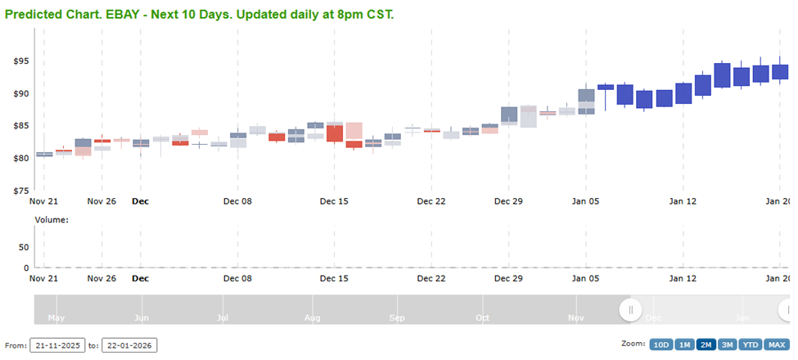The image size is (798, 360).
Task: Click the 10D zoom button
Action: pos(660,344)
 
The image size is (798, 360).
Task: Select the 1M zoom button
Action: pos(683,344)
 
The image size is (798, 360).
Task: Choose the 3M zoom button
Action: pos(726,344)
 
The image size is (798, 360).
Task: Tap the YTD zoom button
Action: pos(750,344)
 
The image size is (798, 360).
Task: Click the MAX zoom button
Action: pos(777,344)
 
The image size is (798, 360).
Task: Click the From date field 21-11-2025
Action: pos(57,345)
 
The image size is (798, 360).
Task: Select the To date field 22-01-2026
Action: pos(129,345)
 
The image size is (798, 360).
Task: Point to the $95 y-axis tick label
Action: pos(20,61)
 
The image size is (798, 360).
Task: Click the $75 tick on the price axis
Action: pos(20,191)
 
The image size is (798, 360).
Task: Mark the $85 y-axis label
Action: pos(20,126)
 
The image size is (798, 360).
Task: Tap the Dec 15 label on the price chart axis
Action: pos(334,200)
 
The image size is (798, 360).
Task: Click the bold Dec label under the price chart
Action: pos(140,200)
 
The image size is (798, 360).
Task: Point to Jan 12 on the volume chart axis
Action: pos(682,279)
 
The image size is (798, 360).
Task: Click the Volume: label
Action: pos(52,219)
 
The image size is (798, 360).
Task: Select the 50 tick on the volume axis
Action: pos(24,247)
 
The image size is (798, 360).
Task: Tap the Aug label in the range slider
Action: pos(312,317)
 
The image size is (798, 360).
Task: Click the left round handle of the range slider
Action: pos(630,310)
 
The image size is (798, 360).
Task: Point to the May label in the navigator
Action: pos(56,317)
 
